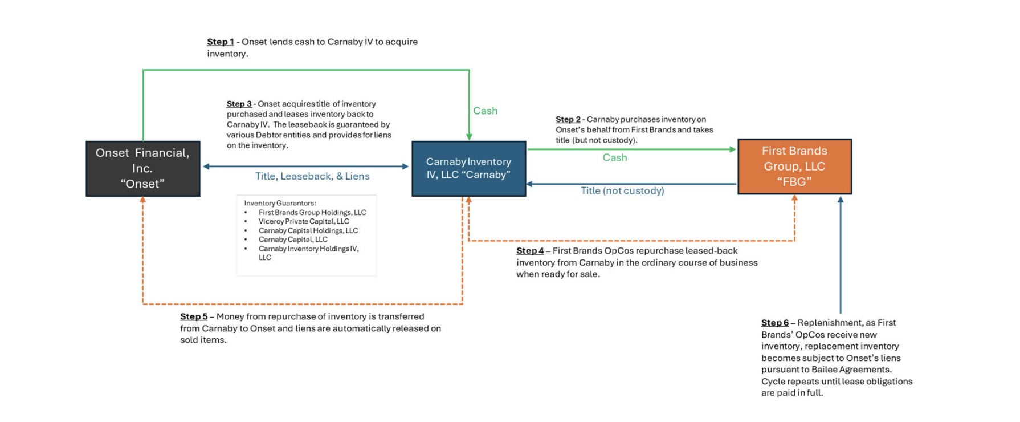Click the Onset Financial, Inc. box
(143, 169)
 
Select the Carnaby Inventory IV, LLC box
(469, 169)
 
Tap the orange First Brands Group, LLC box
(795, 167)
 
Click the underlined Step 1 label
(221, 42)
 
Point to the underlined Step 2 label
(568, 119)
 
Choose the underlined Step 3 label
(239, 104)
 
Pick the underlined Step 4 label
(530, 251)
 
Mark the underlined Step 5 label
(194, 316)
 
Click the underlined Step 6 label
(775, 323)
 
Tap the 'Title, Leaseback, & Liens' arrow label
(312, 176)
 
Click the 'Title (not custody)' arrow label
(622, 191)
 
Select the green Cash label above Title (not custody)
(615, 157)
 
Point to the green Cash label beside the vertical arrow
(485, 111)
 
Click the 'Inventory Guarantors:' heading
(280, 203)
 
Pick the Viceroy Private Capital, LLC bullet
(304, 221)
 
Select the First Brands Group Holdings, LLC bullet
(312, 212)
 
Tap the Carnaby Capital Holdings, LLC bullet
(308, 230)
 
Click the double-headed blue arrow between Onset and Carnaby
(306, 167)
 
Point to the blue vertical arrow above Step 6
(841, 255)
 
